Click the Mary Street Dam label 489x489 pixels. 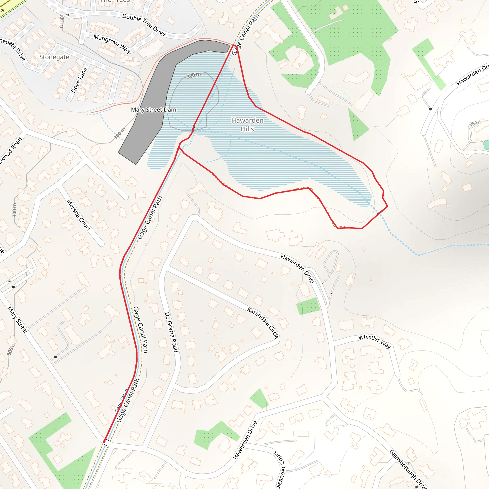[153, 110]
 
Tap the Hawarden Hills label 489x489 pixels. [247, 125]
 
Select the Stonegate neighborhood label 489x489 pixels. [54, 57]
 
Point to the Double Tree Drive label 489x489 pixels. [144, 25]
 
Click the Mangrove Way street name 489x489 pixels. [112, 43]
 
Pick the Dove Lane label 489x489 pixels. [79, 80]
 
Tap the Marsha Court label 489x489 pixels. [79, 215]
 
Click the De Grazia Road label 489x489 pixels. [171, 332]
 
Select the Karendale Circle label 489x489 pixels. [263, 323]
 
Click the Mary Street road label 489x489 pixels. [17, 320]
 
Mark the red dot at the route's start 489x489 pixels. [104, 441]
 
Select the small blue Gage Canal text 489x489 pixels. [121, 401]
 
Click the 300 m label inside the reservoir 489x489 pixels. [194, 75]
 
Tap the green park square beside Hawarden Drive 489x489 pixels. [308, 306]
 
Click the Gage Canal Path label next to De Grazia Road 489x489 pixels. [141, 329]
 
